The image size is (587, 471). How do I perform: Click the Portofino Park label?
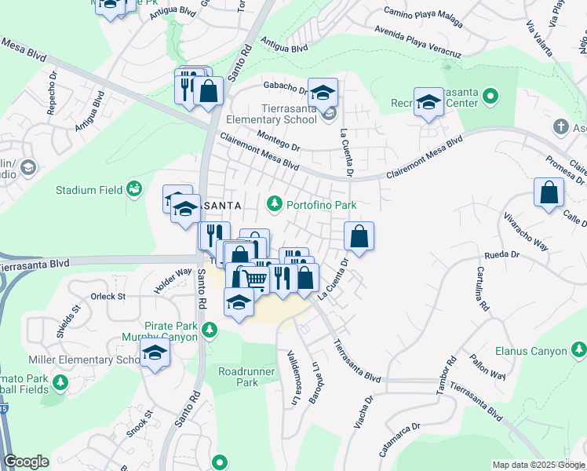322,205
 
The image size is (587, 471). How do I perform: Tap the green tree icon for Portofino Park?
274,205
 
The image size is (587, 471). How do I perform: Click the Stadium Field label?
89,190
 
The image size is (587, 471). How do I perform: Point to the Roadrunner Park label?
238,377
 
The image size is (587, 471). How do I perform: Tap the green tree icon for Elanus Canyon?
578,349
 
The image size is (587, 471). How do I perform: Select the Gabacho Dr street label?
283,87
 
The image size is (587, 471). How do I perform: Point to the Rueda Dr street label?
503,255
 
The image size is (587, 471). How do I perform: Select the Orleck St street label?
108,297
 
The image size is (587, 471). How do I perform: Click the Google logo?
26,462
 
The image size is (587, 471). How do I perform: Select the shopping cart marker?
255,278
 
